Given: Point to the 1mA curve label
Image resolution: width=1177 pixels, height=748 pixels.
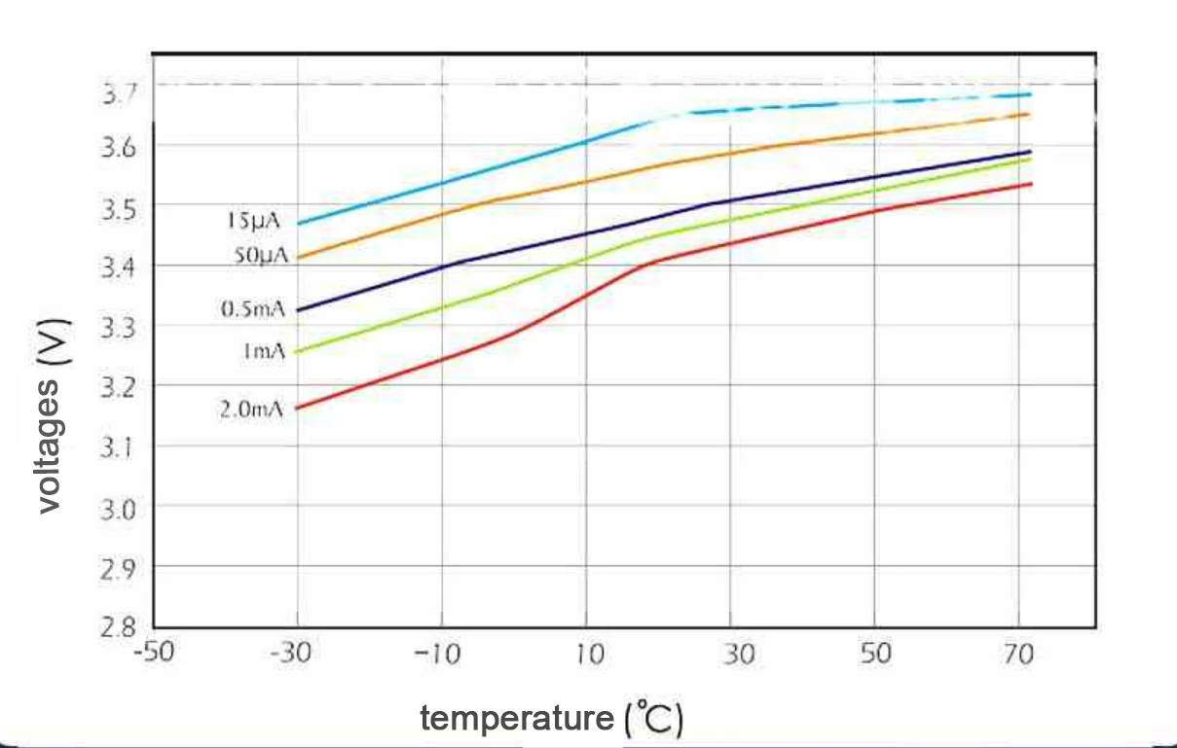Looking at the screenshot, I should (263, 351).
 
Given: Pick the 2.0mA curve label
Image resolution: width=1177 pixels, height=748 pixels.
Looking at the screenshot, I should (251, 409).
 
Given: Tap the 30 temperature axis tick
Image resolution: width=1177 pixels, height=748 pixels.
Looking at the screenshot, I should (738, 653).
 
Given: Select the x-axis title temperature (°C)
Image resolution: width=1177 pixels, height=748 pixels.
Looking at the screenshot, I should (552, 720).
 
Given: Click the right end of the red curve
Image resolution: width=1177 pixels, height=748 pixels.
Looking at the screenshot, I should (1030, 184).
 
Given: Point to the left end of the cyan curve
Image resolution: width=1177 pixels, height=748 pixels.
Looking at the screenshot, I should (297, 224).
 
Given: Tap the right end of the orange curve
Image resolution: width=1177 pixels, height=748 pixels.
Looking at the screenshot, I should (1030, 114).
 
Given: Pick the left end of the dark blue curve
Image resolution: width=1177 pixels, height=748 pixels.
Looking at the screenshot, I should (297, 310).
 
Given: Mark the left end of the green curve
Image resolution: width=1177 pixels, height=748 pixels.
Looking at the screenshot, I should (297, 351).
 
